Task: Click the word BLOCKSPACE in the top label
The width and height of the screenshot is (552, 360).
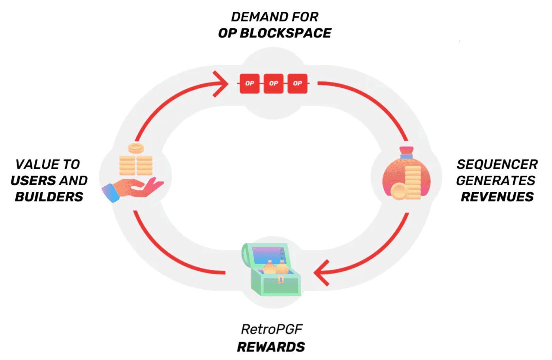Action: tap(285, 33)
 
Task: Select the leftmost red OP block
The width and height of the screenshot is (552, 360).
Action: tap(250, 83)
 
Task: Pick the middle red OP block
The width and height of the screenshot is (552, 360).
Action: tap(274, 83)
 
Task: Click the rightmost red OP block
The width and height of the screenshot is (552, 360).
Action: tap(297, 83)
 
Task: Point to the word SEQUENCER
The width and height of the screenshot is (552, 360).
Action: tap(497, 164)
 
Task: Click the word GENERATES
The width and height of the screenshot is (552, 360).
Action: tap(496, 180)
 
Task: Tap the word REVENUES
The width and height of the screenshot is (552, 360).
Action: tap(497, 197)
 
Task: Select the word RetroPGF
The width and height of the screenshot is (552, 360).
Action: tap(272, 329)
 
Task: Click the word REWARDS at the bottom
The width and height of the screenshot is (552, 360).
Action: tap(271, 347)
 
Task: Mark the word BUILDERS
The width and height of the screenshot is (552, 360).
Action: tap(49, 197)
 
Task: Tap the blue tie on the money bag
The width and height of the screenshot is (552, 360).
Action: tap(406, 156)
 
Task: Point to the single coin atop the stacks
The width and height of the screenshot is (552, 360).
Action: tap(136, 148)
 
